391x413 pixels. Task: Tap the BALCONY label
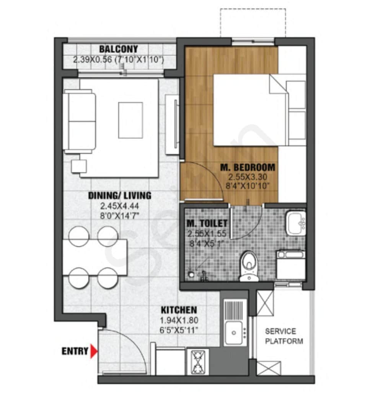coord(118,49)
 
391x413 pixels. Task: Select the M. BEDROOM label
coord(248,167)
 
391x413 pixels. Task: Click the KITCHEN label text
coord(179,310)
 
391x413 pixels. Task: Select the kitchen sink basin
coord(233,332)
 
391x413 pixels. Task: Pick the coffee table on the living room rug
coord(130,120)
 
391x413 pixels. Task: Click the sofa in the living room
coord(79,121)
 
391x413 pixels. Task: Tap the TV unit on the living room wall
coord(173,124)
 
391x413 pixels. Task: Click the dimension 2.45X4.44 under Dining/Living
coord(120,206)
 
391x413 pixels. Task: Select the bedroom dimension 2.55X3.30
coord(247,177)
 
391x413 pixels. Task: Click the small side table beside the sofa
coord(79,166)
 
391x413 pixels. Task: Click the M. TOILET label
coord(207,223)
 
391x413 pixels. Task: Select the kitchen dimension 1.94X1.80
coord(179,320)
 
